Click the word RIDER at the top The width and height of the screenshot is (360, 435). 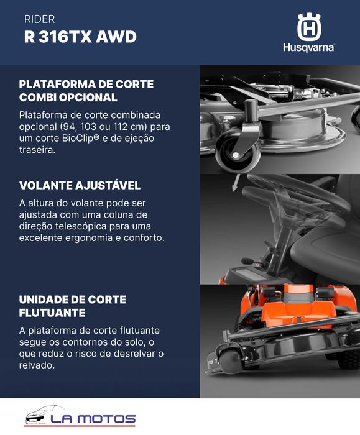tap(39, 19)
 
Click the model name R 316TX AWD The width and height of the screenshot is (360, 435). tap(80, 37)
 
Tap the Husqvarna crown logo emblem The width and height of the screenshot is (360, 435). tap(308, 27)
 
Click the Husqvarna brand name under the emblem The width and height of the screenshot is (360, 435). tap(308, 48)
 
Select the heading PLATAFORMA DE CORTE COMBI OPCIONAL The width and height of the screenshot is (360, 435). tap(86, 91)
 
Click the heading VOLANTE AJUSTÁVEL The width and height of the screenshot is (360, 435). tap(80, 186)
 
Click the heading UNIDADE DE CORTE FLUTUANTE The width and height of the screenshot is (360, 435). tap(73, 306)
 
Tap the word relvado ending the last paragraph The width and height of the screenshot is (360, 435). tap(37, 365)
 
